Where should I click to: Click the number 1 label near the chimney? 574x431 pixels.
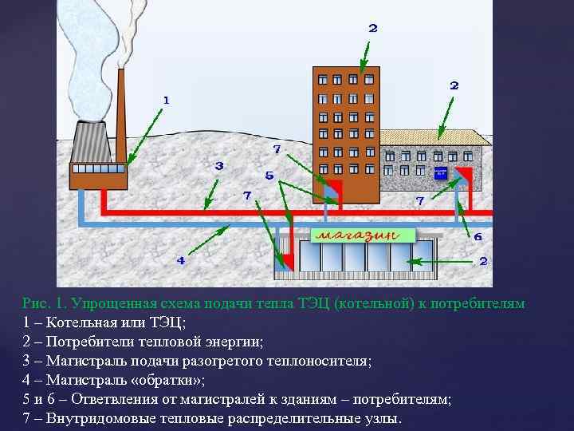pyautogui.click(x=166, y=100)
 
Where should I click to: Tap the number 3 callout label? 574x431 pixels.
pyautogui.click(x=218, y=166)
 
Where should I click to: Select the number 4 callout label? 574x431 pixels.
pyautogui.click(x=180, y=260)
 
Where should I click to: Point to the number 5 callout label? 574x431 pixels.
pyautogui.click(x=269, y=176)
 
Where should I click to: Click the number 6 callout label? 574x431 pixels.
pyautogui.click(x=478, y=237)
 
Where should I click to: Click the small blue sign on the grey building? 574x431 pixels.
pyautogui.click(x=440, y=172)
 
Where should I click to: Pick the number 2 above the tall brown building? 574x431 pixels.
pyautogui.click(x=372, y=28)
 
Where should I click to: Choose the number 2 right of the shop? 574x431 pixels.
pyautogui.click(x=482, y=261)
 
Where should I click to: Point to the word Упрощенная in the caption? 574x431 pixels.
pyautogui.click(x=116, y=304)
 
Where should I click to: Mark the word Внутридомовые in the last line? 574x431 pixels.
pyautogui.click(x=103, y=418)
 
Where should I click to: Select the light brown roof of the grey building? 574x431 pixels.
pyautogui.click(x=434, y=137)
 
